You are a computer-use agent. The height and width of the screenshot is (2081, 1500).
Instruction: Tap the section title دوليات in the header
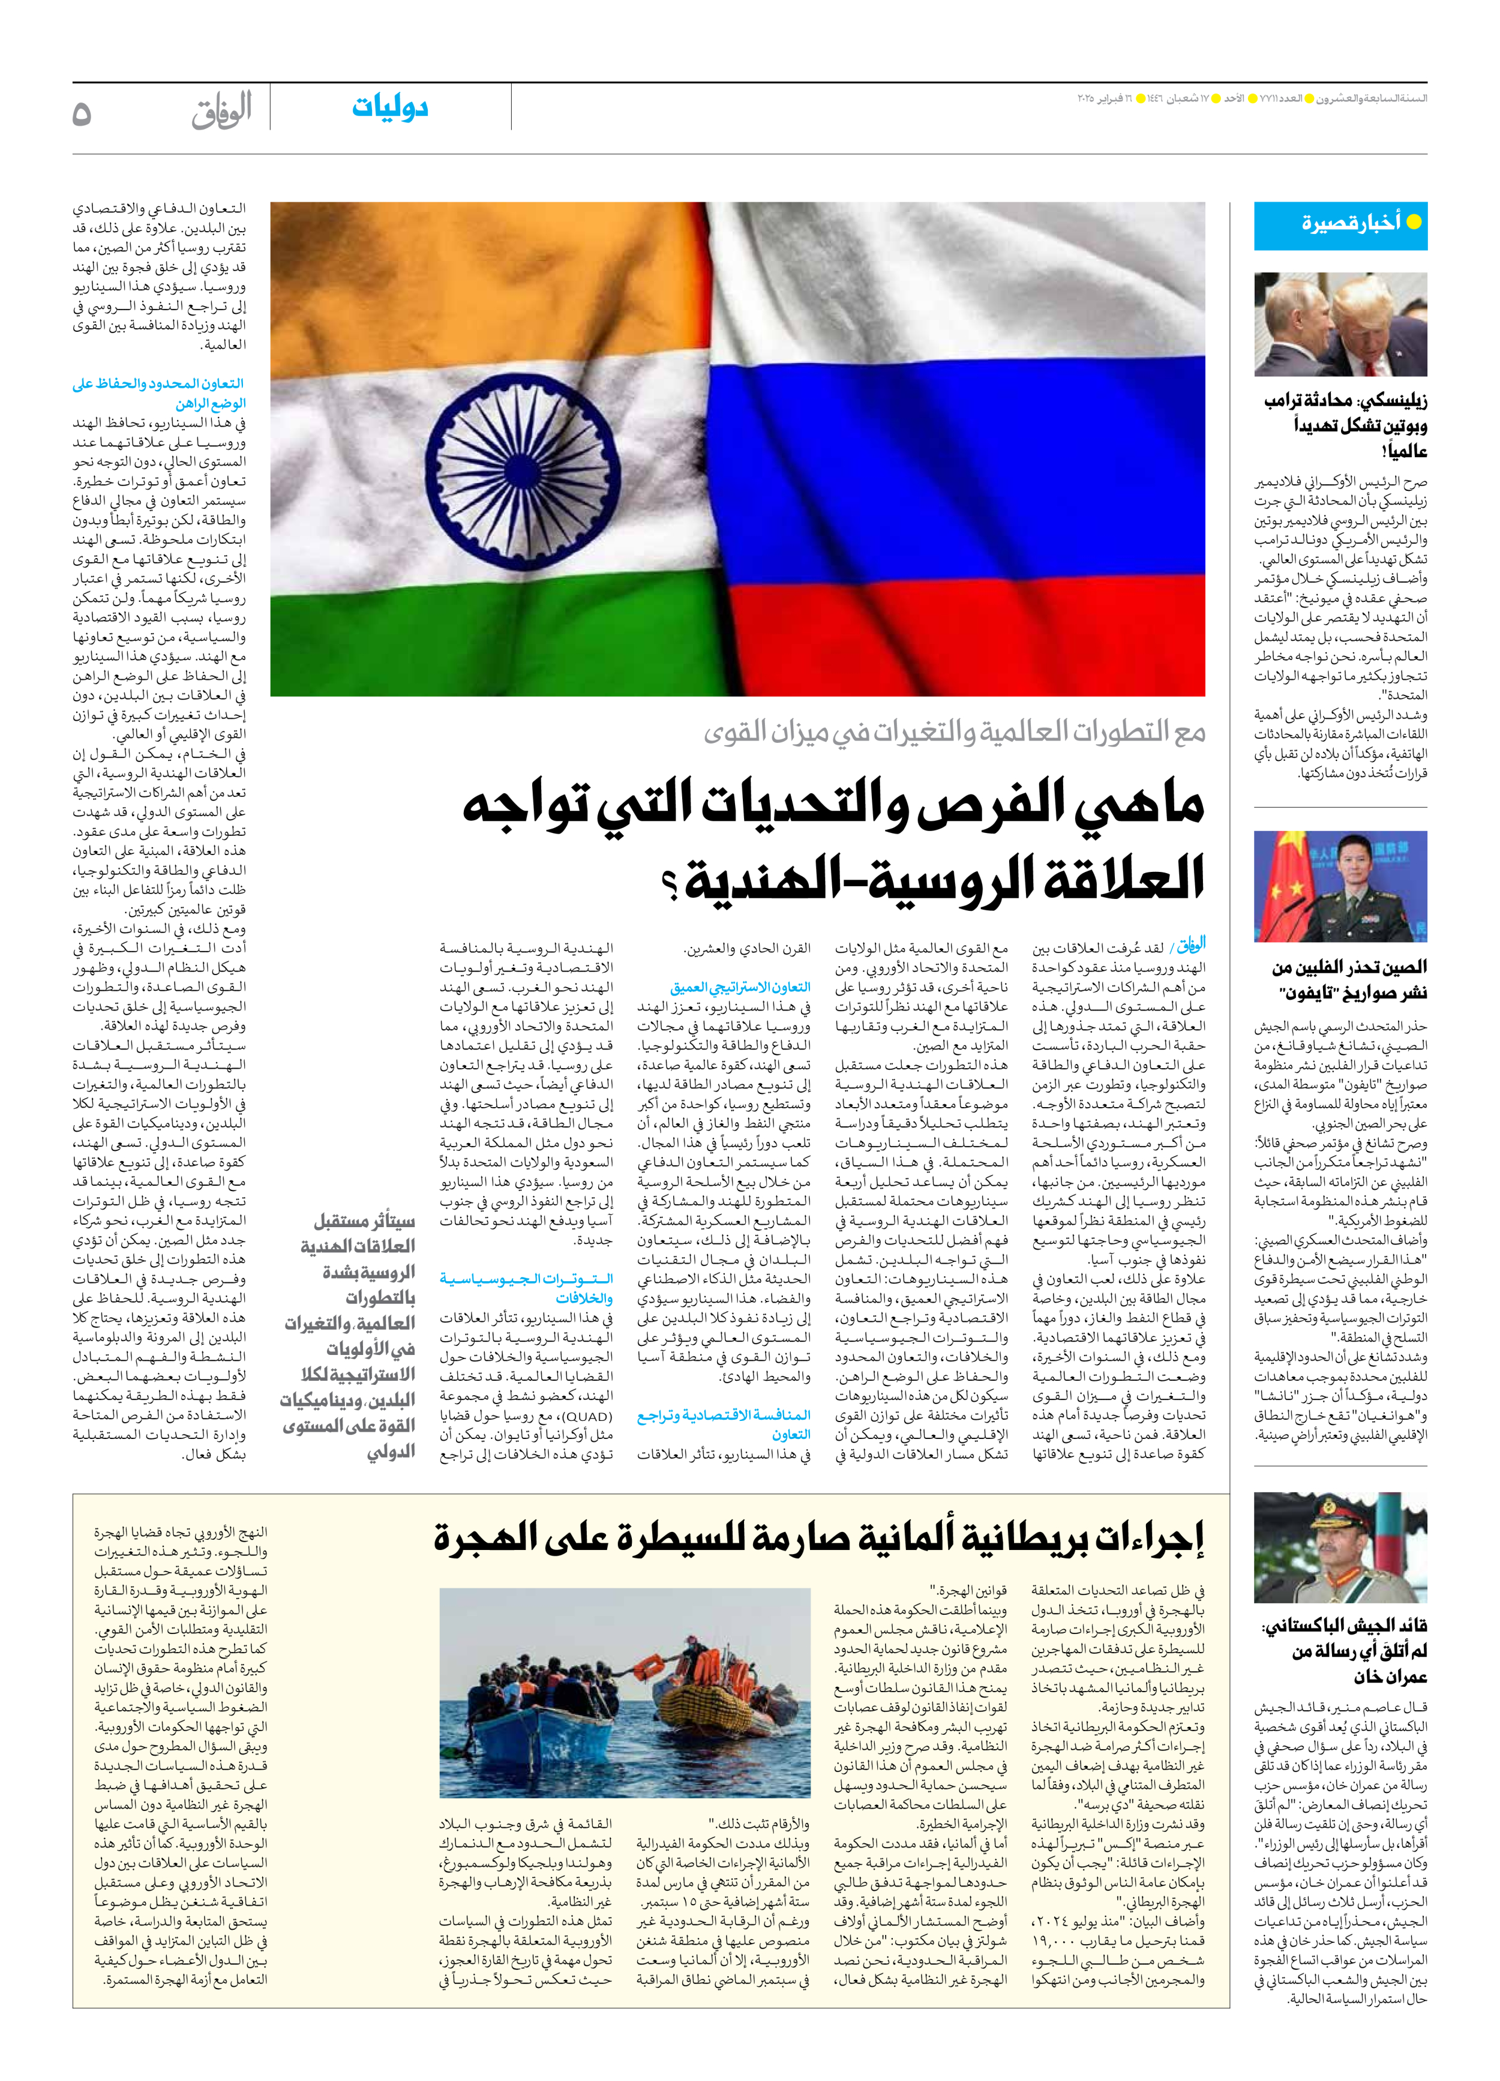click(390, 107)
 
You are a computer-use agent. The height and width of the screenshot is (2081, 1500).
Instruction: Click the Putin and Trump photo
click(1340, 325)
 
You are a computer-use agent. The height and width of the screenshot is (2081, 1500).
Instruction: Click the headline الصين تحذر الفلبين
click(1349, 980)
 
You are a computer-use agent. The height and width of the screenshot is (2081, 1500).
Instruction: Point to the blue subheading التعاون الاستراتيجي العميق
click(740, 987)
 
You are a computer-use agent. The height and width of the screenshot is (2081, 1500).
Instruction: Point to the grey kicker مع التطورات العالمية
click(954, 731)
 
